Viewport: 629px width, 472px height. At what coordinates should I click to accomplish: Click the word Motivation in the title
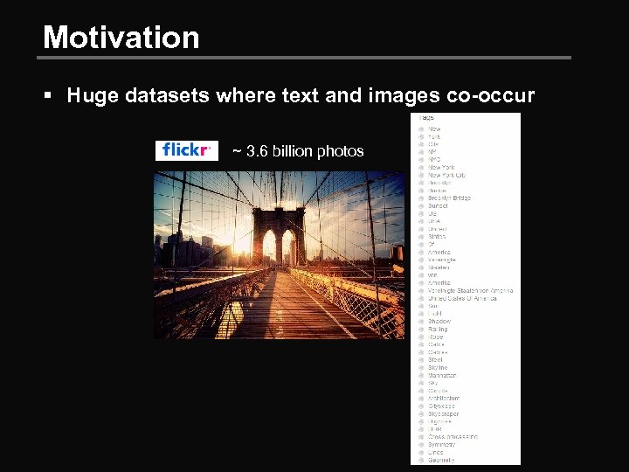pyautogui.click(x=121, y=38)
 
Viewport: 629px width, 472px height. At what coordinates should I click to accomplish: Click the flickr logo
pyautogui.click(x=186, y=150)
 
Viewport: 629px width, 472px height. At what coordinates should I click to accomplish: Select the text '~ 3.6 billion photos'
pyautogui.click(x=298, y=151)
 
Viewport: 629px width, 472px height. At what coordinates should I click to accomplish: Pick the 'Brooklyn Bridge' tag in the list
pyautogui.click(x=449, y=198)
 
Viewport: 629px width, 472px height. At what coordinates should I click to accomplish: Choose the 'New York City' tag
pyautogui.click(x=446, y=175)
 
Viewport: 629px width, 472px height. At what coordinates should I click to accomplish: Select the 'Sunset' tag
pyautogui.click(x=438, y=206)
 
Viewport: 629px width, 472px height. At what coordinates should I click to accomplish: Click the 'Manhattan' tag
pyautogui.click(x=442, y=376)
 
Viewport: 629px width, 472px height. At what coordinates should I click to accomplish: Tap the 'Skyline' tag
pyautogui.click(x=438, y=368)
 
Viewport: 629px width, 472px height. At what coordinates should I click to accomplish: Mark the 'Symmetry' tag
pyautogui.click(x=442, y=445)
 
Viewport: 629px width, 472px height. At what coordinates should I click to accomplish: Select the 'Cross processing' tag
pyautogui.click(x=453, y=437)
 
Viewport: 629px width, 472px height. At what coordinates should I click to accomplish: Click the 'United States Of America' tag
pyautogui.click(x=462, y=298)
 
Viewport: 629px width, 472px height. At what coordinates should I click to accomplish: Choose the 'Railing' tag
pyautogui.click(x=438, y=330)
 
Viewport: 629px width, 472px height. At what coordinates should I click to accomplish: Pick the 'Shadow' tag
pyautogui.click(x=439, y=322)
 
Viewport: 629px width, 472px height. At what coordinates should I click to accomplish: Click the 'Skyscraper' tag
pyautogui.click(x=444, y=414)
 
